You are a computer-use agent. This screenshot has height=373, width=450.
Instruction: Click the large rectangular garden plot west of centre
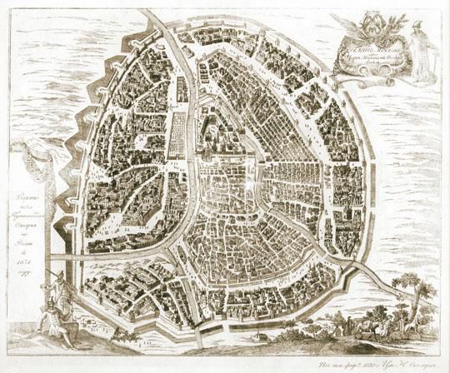(178, 134)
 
